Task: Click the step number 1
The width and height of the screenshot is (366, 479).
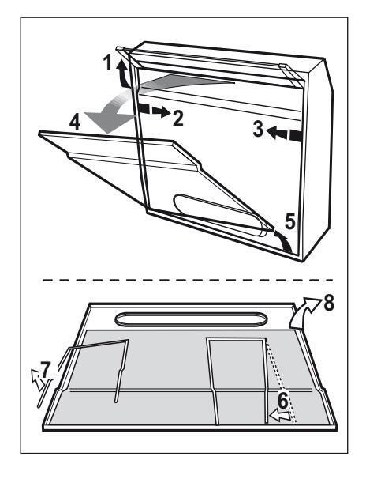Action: click(107, 63)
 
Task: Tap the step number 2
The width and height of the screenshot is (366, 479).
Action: click(178, 118)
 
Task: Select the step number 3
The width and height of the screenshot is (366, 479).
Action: click(258, 129)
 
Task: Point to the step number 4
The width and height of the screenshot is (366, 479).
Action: click(75, 123)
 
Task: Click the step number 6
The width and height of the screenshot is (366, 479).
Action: click(283, 401)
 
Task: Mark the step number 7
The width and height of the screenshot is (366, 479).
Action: click(46, 370)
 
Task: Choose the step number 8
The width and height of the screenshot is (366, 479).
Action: click(328, 303)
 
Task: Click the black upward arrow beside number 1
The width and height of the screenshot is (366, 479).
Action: click(122, 74)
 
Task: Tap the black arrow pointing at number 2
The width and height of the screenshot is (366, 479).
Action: click(154, 111)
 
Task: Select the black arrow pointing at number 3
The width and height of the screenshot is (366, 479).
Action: click(284, 134)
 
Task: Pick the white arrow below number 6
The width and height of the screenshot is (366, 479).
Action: click(280, 416)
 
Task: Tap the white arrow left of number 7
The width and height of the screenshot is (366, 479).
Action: click(37, 379)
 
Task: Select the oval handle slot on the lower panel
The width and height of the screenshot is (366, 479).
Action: click(191, 319)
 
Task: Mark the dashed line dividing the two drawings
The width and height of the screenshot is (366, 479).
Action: click(188, 280)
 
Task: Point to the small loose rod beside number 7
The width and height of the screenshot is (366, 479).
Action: click(46, 393)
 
